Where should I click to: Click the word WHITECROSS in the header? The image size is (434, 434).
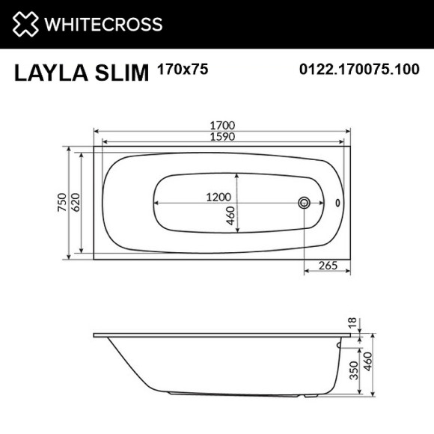104,24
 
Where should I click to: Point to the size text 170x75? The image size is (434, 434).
183,70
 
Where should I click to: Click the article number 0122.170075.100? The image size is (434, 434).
360,70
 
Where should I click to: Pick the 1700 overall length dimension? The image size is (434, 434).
223,124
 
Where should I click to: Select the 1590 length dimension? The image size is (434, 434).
223,136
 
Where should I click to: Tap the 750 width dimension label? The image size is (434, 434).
61,204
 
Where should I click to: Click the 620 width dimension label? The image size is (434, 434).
76,204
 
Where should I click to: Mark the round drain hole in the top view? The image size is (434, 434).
305,203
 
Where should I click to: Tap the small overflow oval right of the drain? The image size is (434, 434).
337,203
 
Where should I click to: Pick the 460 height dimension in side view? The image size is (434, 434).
367,367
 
